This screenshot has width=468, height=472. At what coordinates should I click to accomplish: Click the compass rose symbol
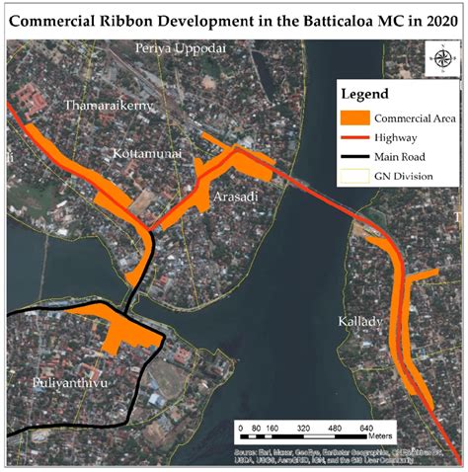coord(439,56)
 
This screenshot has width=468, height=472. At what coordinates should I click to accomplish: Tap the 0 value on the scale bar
coord(239,429)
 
